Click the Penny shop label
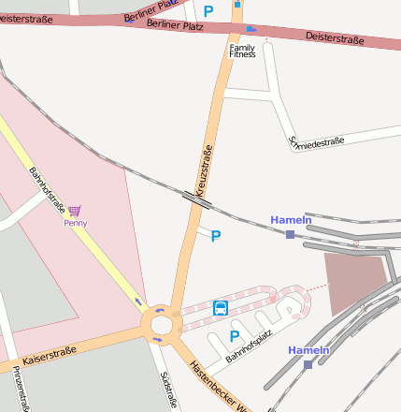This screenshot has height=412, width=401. click(x=76, y=223)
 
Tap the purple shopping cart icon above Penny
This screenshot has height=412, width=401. click(x=75, y=212)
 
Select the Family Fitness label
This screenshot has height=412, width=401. click(x=242, y=51)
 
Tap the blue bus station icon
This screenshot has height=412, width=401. click(x=221, y=307)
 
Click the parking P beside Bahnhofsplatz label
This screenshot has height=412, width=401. click(x=235, y=336)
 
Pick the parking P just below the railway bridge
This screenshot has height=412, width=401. click(x=216, y=236)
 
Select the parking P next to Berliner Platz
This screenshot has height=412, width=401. click(x=208, y=11)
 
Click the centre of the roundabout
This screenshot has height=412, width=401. click(x=161, y=325)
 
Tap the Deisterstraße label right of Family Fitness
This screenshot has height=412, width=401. click(x=334, y=37)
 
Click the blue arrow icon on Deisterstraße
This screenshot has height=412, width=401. click(x=251, y=29)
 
